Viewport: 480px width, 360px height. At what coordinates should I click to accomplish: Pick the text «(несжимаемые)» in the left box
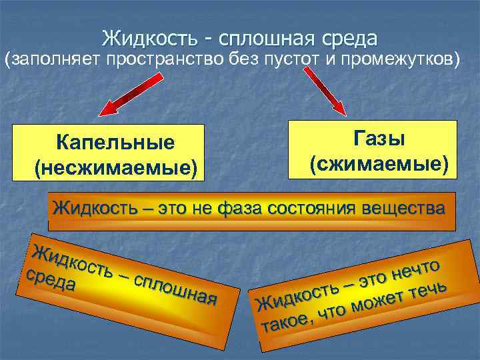[115, 167]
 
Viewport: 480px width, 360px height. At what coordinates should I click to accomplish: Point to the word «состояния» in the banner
[313, 208]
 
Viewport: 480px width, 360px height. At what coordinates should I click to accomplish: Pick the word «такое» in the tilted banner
[285, 321]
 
